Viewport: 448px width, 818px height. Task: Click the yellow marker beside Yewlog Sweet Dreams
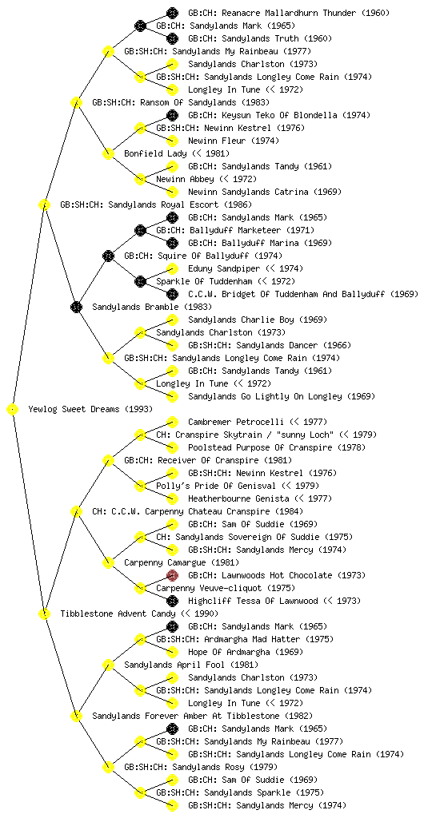pos(13,410)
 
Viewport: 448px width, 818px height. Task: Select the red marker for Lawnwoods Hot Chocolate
pos(172,575)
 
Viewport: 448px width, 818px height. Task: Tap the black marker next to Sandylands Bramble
pos(76,307)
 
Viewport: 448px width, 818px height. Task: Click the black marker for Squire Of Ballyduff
pos(108,256)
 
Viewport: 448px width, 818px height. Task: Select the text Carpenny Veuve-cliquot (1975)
pos(226,588)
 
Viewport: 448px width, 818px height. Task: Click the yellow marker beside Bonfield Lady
pos(108,153)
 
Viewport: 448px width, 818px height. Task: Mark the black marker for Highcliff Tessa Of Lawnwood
pos(172,601)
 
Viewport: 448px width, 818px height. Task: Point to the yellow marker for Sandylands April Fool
pos(108,665)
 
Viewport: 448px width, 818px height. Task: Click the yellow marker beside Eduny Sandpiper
pos(172,268)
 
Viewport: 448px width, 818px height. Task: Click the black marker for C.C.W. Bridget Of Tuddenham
pos(172,294)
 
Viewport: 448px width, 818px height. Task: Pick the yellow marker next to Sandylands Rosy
pos(108,767)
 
